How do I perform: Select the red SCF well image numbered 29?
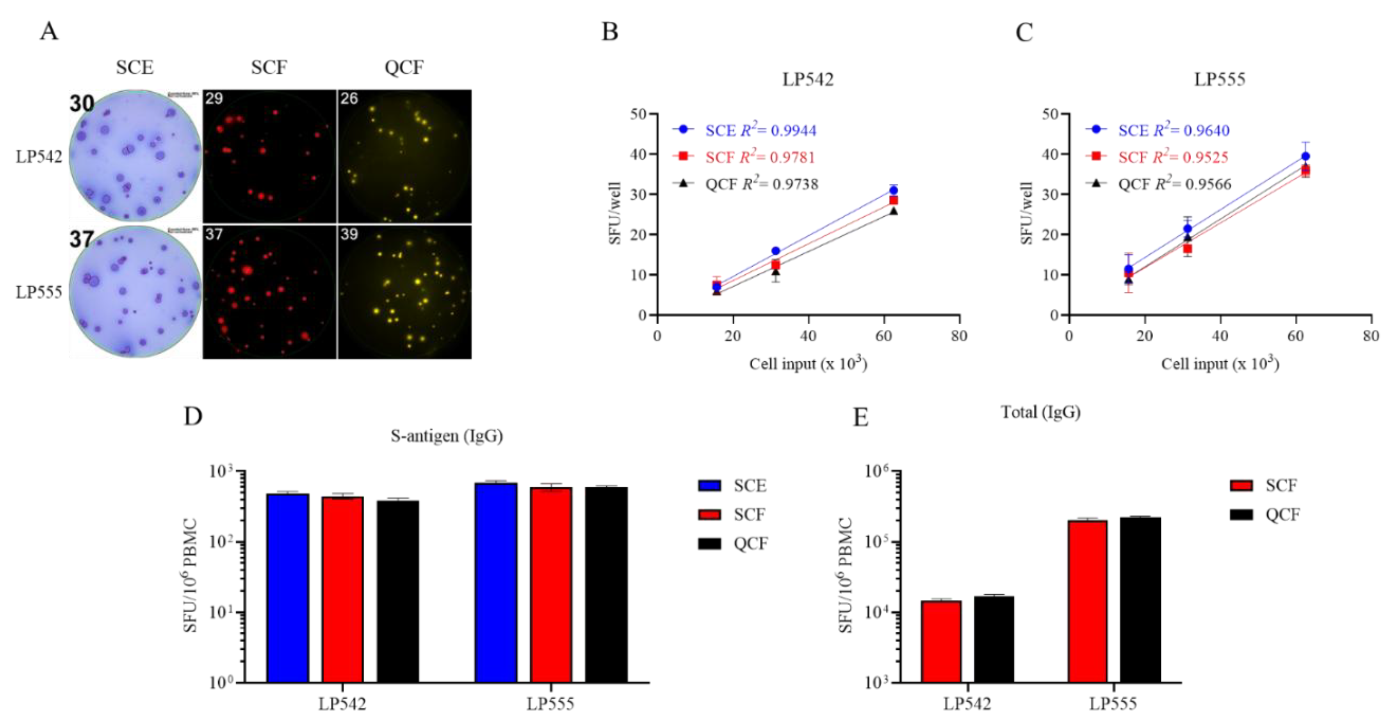269,156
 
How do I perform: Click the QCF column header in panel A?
404,68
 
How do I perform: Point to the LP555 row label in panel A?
39,292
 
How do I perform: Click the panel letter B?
609,32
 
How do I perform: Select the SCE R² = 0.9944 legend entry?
760,130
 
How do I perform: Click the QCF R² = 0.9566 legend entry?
1174,184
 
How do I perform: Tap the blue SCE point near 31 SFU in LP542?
893,190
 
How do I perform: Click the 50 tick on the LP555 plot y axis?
1051,114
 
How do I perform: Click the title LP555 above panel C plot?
1219,80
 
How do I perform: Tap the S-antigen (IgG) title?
447,435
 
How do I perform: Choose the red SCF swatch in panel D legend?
709,515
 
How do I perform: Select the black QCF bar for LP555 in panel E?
1140,599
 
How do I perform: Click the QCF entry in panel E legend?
1282,515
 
